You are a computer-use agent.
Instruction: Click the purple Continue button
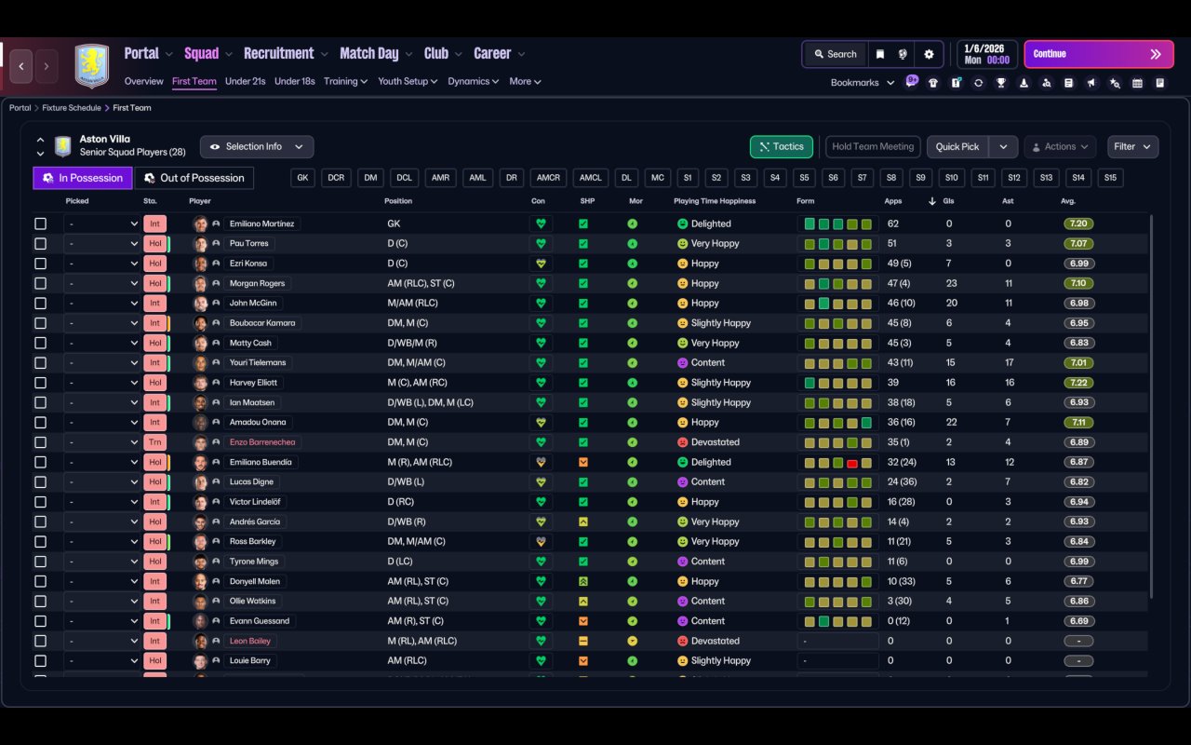(1098, 54)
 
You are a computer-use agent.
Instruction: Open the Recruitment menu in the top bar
(279, 54)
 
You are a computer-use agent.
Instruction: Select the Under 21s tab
(245, 81)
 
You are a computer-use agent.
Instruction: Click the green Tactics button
(782, 146)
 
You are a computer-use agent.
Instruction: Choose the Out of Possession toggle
(194, 178)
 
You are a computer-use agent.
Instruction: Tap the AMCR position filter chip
(549, 178)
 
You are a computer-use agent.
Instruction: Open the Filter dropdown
(1132, 146)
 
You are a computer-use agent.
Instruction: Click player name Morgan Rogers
(257, 283)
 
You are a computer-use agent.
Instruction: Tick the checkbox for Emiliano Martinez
(40, 223)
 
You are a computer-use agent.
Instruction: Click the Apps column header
(893, 201)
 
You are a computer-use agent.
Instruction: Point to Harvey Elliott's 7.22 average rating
(1078, 383)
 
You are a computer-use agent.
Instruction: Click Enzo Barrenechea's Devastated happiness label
(715, 442)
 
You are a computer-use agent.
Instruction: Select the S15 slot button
(1110, 178)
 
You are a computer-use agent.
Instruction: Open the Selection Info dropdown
(257, 146)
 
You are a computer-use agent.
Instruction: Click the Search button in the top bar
(834, 54)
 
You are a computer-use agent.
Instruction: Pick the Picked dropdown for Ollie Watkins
(102, 601)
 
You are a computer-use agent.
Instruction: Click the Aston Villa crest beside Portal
(91, 65)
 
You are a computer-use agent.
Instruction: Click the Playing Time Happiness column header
(715, 201)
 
